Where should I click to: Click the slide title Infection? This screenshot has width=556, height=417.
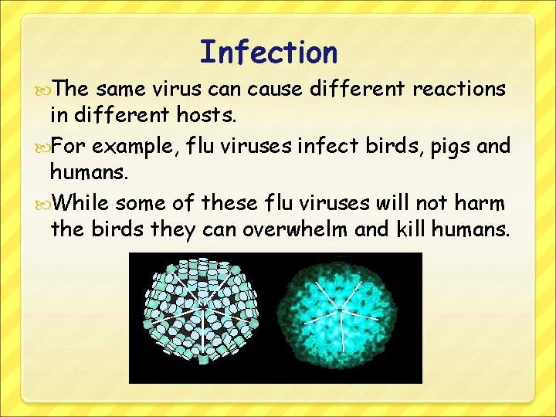(269, 53)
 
